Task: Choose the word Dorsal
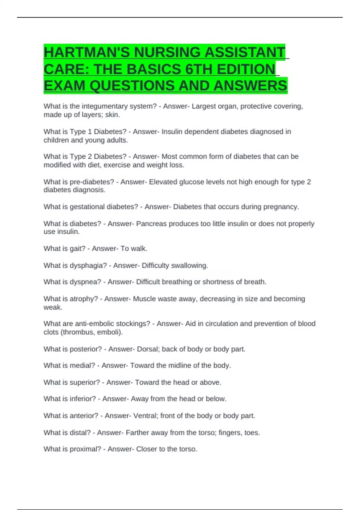[148, 349]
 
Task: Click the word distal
[80, 433]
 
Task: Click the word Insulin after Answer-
[172, 132]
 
